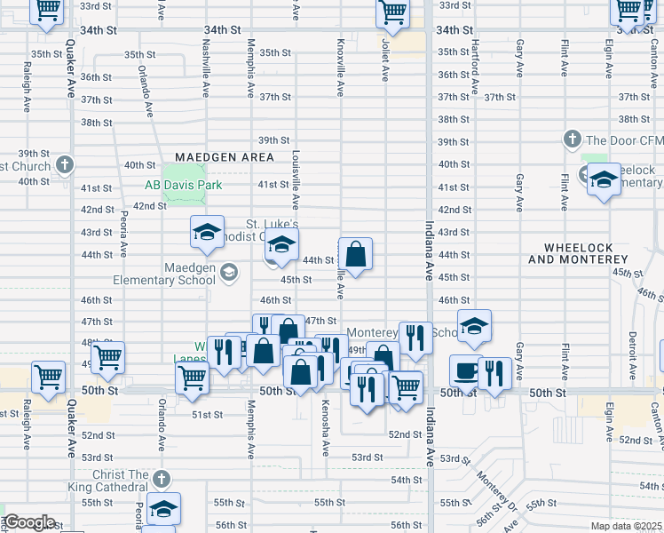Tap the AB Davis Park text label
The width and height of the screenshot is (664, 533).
(x=184, y=186)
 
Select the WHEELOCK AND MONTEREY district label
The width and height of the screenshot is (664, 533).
(x=578, y=252)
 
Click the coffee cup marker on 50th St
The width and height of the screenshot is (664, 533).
(x=465, y=369)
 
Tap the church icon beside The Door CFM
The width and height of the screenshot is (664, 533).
(x=573, y=139)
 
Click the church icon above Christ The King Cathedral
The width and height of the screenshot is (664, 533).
(x=160, y=479)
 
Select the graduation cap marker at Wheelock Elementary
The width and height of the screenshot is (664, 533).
(x=603, y=179)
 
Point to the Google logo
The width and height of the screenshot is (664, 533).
(x=29, y=522)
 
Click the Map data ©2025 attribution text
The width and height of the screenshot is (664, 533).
(x=625, y=526)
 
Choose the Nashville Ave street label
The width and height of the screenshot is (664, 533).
(x=206, y=60)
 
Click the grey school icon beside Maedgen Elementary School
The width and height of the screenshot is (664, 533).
(x=229, y=272)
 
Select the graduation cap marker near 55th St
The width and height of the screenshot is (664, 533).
(x=163, y=508)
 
